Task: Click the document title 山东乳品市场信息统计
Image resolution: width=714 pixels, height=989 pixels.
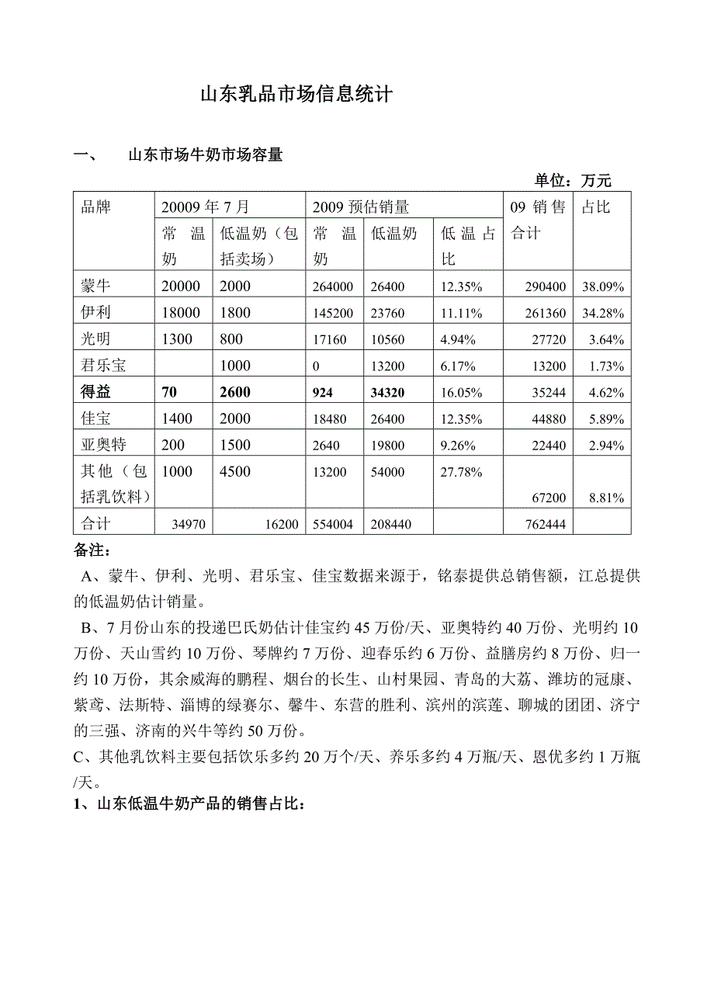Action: point(297,95)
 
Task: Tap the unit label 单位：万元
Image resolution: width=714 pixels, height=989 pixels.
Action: point(573,181)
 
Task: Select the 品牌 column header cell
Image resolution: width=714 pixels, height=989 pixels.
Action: point(96,207)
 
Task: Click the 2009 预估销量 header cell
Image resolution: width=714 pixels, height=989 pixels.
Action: point(361,207)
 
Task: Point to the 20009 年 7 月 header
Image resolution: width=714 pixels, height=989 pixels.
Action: point(206,207)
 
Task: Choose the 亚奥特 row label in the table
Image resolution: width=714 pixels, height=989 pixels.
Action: point(103,445)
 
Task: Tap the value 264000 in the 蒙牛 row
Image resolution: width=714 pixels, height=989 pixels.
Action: point(333,287)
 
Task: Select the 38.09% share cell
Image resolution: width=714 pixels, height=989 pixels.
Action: point(603,287)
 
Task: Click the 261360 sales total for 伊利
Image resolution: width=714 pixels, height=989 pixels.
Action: point(546,314)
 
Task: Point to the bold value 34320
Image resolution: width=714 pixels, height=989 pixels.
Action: point(388,393)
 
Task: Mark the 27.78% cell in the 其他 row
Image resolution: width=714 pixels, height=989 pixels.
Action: point(462,472)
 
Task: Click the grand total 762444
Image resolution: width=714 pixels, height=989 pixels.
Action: point(546,525)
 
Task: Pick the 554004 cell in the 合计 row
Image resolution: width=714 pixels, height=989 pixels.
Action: point(333,525)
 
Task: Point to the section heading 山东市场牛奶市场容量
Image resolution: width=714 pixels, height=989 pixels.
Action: point(205,155)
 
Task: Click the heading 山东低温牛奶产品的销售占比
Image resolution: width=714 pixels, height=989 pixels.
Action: point(198,804)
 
